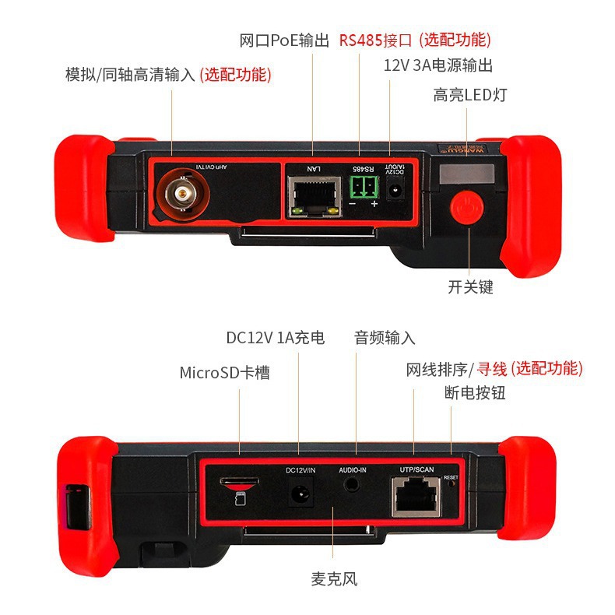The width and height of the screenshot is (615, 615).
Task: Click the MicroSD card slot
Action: coord(238,484)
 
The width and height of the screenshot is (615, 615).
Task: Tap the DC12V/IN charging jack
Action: coord(300,494)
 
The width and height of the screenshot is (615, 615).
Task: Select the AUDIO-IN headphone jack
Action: coord(351,483)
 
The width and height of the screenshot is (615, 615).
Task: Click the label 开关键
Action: coord(471,286)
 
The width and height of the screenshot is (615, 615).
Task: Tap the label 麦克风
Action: coord(334,578)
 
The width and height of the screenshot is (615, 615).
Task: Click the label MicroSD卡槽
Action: coord(225,372)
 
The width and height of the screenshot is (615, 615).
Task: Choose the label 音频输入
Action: coord(385,338)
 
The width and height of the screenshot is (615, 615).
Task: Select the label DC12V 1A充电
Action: coord(275,338)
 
